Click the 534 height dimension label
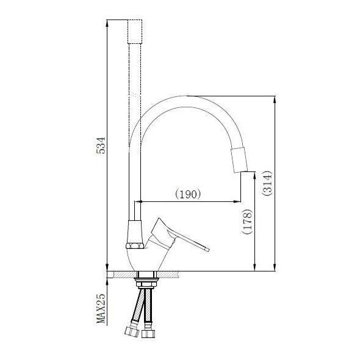coord(102,146)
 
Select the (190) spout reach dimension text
coord(189,195)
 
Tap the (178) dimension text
coord(247,222)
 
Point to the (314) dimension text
coord(268,182)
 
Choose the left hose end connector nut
coord(130,333)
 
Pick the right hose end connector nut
coord(149,335)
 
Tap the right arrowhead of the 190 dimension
coord(236,202)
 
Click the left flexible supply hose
coord(137,311)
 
